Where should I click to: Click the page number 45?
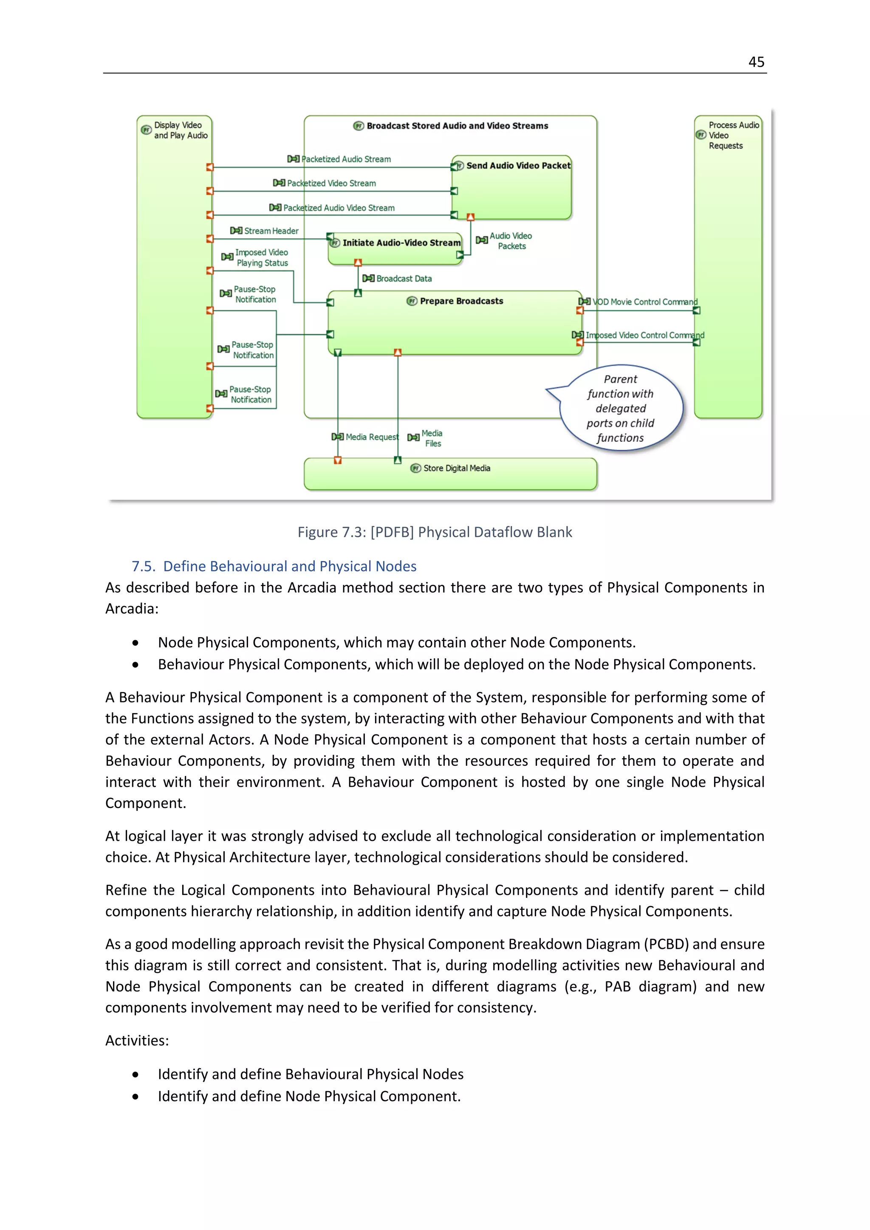click(x=756, y=62)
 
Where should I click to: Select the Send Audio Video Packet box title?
click(x=517, y=166)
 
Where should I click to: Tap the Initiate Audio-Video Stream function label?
click(x=401, y=243)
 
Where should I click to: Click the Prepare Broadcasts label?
click(x=461, y=301)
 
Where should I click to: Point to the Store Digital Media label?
click(x=456, y=468)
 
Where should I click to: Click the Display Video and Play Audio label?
click(x=181, y=130)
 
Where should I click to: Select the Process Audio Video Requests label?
click(x=733, y=135)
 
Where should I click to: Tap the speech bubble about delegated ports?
click(x=620, y=408)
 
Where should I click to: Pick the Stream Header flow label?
click(x=271, y=231)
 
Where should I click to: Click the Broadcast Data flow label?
click(x=404, y=279)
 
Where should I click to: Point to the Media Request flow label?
click(x=372, y=437)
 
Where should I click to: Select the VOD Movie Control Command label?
click(x=644, y=302)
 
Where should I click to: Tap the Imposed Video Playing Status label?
click(x=262, y=258)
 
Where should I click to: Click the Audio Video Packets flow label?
click(x=511, y=241)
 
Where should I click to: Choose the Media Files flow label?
click(x=432, y=438)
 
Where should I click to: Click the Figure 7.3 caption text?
click(x=435, y=532)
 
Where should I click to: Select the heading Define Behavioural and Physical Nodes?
click(x=289, y=566)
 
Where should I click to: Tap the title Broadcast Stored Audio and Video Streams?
click(x=457, y=126)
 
